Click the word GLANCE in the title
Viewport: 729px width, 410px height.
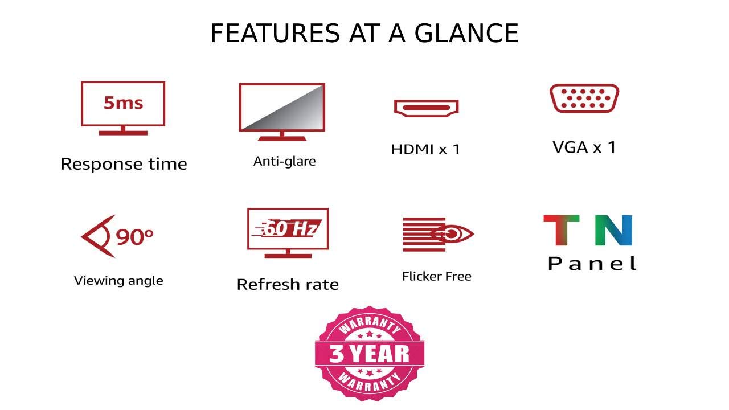click(466, 33)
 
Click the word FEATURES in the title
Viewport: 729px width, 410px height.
click(275, 33)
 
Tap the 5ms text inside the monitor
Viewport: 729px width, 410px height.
click(124, 103)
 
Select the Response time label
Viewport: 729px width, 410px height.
click(124, 163)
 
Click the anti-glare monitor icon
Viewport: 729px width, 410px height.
click(282, 112)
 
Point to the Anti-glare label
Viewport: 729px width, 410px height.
click(284, 161)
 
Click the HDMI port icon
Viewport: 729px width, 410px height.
click(427, 108)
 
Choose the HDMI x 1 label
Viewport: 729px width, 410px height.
click(425, 149)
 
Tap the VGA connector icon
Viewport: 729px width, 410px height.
click(584, 99)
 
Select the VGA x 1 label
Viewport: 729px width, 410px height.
click(584, 147)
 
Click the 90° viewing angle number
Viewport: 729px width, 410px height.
click(134, 236)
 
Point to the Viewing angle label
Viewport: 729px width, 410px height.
click(118, 281)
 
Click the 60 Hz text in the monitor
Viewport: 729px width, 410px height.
click(290, 228)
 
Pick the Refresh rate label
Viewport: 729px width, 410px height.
click(288, 284)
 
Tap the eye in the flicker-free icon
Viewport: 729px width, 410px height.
click(452, 233)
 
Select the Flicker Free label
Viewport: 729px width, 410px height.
click(437, 276)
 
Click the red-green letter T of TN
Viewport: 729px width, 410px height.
click(562, 230)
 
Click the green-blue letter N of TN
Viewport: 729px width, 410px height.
click(613, 230)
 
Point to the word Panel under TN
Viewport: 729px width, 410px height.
click(592, 263)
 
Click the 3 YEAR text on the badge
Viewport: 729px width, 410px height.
click(370, 354)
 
